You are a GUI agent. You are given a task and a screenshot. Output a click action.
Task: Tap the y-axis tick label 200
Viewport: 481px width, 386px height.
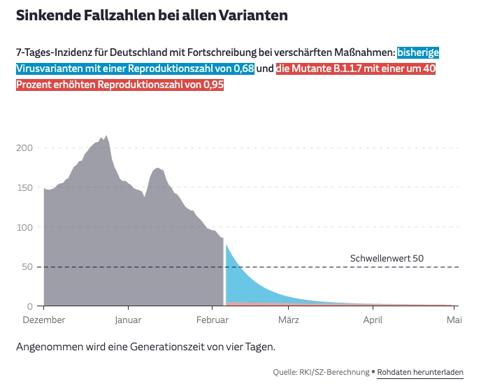click(24, 148)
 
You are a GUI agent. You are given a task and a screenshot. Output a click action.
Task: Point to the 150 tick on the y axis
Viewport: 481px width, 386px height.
click(24, 187)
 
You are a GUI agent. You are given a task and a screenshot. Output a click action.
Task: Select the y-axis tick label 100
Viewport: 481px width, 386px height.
click(24, 227)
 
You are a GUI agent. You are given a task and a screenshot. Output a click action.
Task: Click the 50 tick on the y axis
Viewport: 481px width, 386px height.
click(27, 267)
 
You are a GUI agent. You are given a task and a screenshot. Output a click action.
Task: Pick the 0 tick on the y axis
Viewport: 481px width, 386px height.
click(30, 306)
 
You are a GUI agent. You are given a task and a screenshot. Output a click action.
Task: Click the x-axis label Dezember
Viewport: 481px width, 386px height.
click(44, 320)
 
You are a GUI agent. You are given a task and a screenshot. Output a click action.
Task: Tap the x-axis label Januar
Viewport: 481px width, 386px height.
click(128, 320)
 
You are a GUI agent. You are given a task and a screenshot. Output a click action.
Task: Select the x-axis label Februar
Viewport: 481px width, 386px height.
click(213, 320)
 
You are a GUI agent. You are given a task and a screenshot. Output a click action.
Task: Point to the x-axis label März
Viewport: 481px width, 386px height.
click(289, 320)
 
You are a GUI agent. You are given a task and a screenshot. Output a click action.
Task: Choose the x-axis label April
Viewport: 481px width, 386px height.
click(373, 320)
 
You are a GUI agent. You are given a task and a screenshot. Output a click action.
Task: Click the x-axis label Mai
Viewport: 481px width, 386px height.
click(454, 320)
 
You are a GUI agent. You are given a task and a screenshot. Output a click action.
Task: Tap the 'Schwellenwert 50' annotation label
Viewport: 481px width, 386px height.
click(387, 259)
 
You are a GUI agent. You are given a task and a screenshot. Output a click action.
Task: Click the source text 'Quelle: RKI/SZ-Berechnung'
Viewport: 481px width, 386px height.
click(322, 372)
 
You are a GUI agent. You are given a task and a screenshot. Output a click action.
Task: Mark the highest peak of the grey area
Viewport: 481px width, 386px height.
click(106, 137)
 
